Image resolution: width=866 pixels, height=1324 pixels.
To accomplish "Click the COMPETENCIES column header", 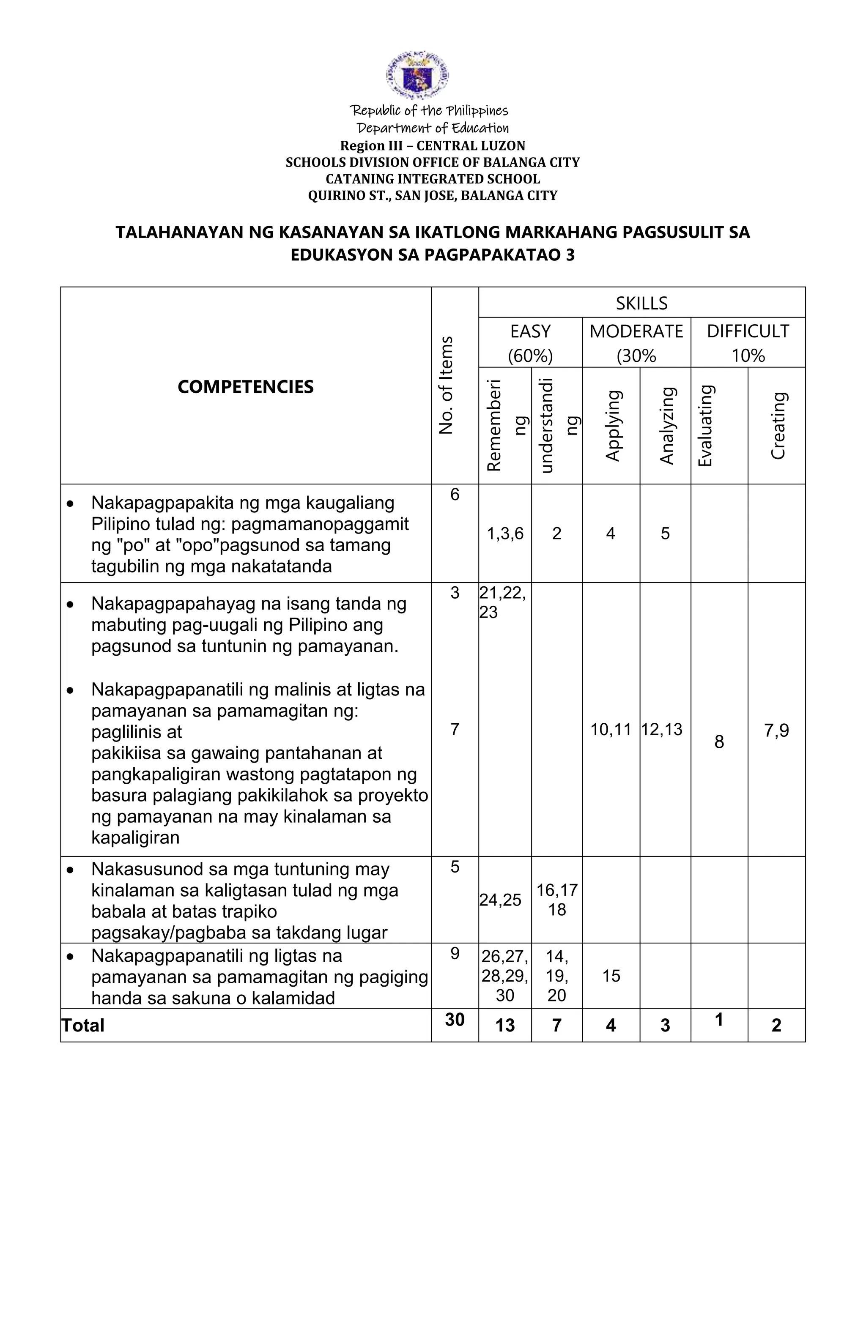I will [245, 387].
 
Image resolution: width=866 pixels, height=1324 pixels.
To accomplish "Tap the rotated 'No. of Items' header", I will [447, 385].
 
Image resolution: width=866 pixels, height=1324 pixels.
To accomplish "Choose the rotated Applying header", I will [611, 426].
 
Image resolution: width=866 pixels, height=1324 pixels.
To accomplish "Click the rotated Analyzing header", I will [666, 426].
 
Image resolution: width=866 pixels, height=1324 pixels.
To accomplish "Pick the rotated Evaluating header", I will [705, 426].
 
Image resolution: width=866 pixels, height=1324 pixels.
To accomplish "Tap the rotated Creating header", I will [778, 426].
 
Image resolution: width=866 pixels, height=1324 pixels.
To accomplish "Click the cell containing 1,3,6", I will [505, 534].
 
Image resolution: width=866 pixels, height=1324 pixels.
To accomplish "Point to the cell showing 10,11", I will [611, 729].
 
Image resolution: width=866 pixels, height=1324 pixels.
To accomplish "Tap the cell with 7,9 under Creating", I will [776, 730].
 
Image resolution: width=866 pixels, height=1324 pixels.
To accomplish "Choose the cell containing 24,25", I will [500, 900].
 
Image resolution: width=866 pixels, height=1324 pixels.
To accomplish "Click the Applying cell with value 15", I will [611, 976].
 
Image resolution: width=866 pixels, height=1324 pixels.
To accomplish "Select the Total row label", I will [83, 1025].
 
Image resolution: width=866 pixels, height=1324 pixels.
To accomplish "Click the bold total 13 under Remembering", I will [505, 1025].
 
